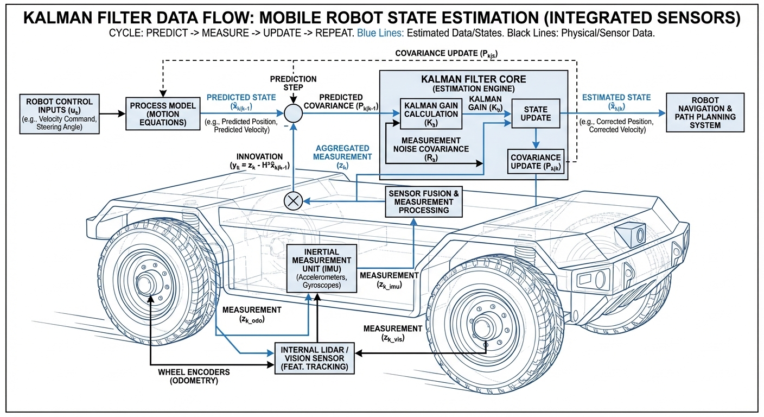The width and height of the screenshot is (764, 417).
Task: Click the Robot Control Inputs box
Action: tap(59, 114)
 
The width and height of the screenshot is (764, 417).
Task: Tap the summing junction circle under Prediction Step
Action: tap(294, 114)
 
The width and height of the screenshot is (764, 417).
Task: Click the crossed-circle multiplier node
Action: tap(294, 201)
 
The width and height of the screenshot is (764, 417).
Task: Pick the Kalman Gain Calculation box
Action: tap(427, 113)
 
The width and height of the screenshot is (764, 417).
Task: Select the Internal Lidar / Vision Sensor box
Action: tap(314, 358)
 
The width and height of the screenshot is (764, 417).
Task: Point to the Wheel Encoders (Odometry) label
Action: tap(194, 376)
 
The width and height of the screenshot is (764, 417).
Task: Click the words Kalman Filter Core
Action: tap(473, 79)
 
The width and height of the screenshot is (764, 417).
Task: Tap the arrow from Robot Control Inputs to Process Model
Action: tap(111, 114)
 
